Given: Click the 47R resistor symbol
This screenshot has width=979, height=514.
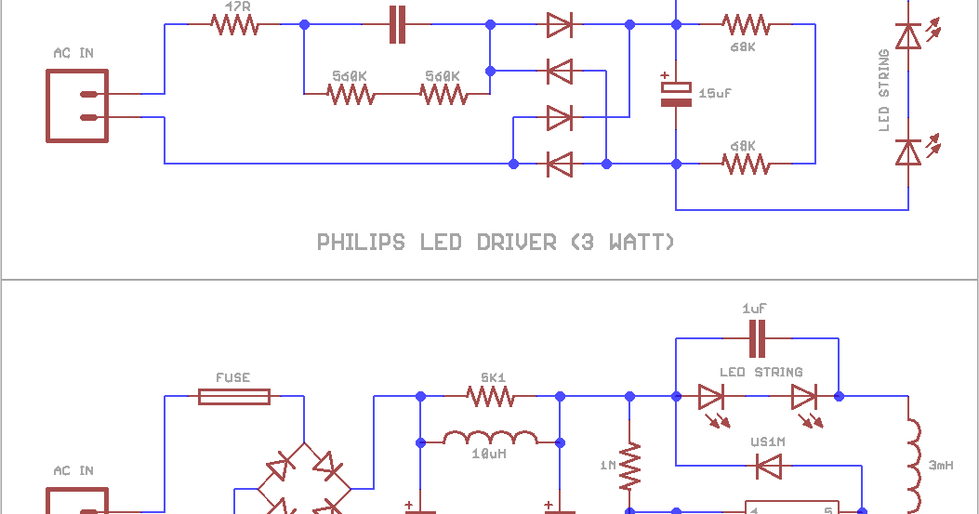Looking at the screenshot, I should pyautogui.click(x=234, y=25).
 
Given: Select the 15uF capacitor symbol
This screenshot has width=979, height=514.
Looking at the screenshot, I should pyautogui.click(x=676, y=94).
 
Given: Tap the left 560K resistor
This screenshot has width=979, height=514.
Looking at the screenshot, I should pyautogui.click(x=351, y=94).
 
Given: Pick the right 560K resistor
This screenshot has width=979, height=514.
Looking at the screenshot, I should pyautogui.click(x=443, y=94).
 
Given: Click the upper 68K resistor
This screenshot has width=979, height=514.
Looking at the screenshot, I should pyautogui.click(x=746, y=25).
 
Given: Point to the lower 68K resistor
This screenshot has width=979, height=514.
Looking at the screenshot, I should pyautogui.click(x=746, y=164).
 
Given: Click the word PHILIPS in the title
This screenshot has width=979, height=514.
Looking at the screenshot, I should pyautogui.click(x=361, y=243).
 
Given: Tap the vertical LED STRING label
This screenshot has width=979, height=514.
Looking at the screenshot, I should pyautogui.click(x=884, y=91).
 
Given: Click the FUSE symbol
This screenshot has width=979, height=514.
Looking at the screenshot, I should pyautogui.click(x=234, y=397).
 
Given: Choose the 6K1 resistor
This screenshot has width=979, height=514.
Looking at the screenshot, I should pyautogui.click(x=490, y=397).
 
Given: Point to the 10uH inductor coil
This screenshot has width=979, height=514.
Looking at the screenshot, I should pyautogui.click(x=490, y=438).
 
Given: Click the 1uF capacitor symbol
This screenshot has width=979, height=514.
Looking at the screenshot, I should pyautogui.click(x=757, y=338).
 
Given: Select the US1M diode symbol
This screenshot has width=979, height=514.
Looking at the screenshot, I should pyautogui.click(x=768, y=467).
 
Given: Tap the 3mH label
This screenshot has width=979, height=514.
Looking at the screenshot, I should pyautogui.click(x=940, y=465).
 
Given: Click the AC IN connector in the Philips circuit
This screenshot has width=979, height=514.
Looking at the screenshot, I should pyautogui.click(x=77, y=106).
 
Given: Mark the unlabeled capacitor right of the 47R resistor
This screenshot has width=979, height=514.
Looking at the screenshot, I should pyautogui.click(x=397, y=25).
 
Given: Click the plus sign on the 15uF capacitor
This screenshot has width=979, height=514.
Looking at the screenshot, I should pyautogui.click(x=664, y=77).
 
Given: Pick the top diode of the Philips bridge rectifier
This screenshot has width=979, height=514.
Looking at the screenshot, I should pyautogui.click(x=559, y=25).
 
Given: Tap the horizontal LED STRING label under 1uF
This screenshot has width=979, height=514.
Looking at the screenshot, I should pyautogui.click(x=761, y=373).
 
